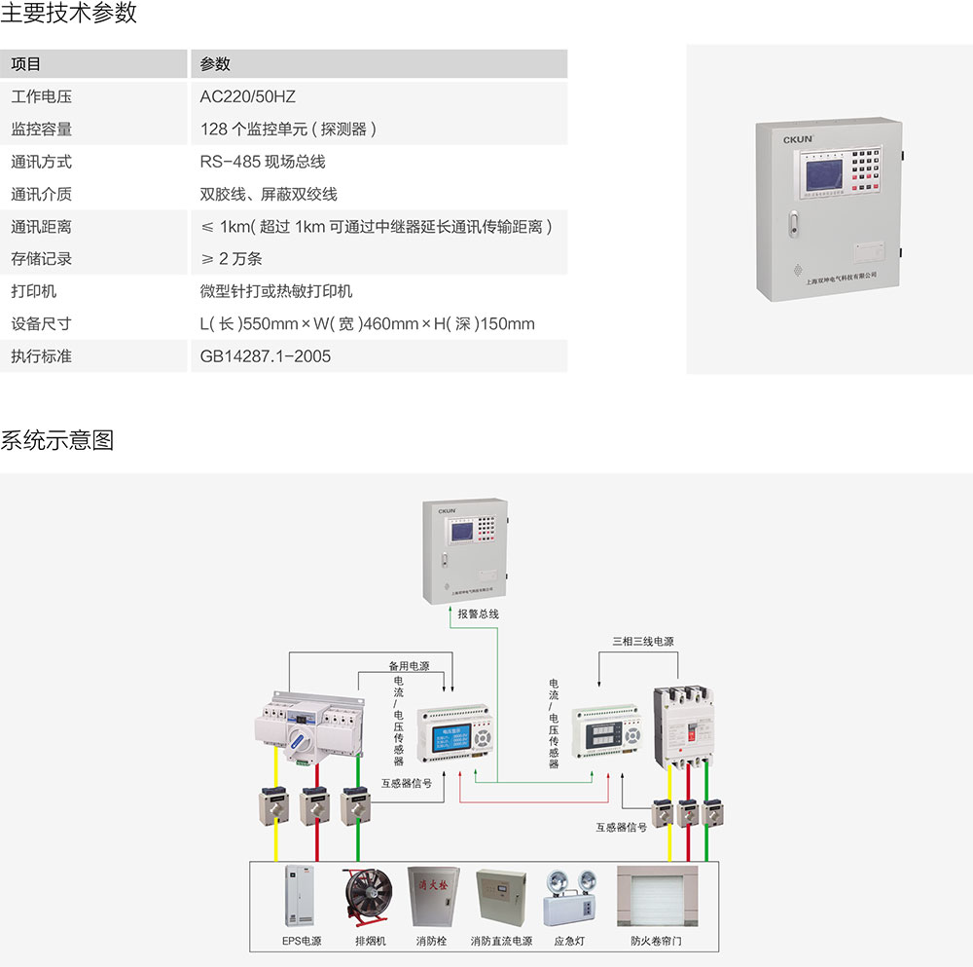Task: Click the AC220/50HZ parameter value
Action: pos(247,96)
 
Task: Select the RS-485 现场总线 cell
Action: pos(262,162)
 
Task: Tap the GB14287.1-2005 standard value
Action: pos(265,356)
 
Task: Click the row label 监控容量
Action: pos(41,129)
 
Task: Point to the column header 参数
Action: pos(215,64)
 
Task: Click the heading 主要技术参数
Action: pos(68,14)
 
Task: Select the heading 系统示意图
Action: pos(56,440)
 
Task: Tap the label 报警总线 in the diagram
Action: pos(478,614)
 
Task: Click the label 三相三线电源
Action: pos(642,642)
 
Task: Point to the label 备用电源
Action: pos(409,666)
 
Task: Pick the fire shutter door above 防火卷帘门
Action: pos(657,897)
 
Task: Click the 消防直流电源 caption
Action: pos(501,942)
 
